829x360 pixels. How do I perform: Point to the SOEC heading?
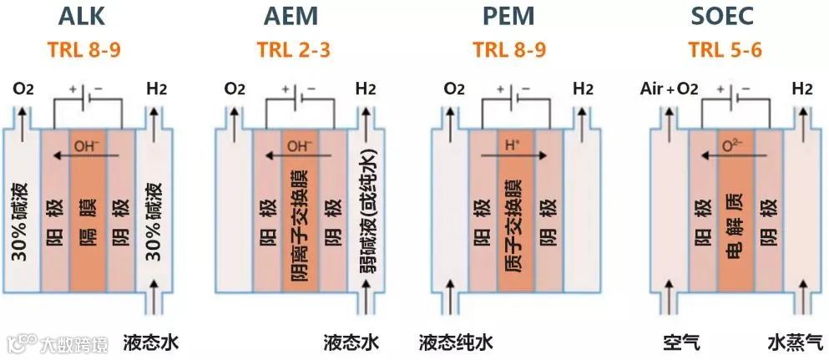point(724,18)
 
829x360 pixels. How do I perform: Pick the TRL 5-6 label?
point(724,49)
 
